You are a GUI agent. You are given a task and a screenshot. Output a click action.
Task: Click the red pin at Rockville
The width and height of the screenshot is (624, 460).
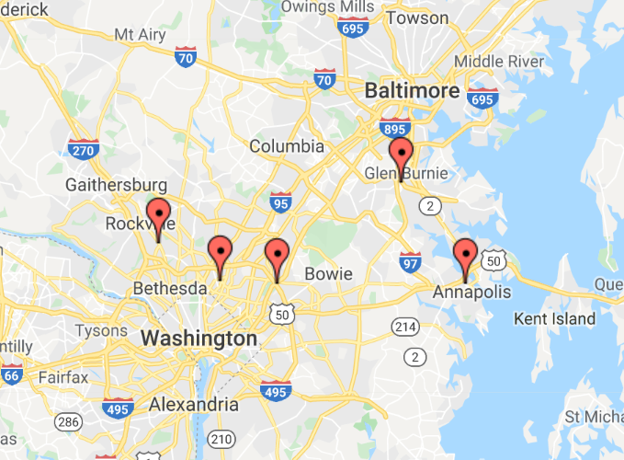click(x=159, y=215)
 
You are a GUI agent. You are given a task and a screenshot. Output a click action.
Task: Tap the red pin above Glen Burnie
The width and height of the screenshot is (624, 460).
click(x=401, y=155)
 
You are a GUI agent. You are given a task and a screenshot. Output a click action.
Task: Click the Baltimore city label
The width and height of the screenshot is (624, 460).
click(x=411, y=91)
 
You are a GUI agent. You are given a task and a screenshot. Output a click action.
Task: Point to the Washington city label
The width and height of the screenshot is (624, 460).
click(x=199, y=339)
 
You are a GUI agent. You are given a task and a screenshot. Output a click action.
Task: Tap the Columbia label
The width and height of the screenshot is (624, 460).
click(x=287, y=146)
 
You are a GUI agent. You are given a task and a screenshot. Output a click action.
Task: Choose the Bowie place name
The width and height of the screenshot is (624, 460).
click(x=328, y=274)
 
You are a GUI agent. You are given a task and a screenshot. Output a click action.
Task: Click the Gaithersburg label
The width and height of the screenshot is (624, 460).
click(x=116, y=185)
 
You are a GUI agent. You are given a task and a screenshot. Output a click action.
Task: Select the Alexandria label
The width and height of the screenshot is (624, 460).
click(x=194, y=405)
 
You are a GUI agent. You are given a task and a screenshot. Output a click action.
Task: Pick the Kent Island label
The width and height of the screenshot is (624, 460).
click(x=555, y=319)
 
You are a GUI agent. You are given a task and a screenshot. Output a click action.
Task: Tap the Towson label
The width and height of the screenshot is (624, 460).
click(x=417, y=17)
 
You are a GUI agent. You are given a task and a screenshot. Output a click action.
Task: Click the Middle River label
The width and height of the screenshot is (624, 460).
click(x=500, y=61)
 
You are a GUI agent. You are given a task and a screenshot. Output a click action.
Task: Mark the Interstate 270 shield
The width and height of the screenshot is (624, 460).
click(x=83, y=147)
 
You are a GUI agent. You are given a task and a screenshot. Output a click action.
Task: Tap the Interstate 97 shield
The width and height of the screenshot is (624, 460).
click(x=410, y=263)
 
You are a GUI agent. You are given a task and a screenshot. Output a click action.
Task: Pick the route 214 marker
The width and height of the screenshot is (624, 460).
click(x=404, y=327)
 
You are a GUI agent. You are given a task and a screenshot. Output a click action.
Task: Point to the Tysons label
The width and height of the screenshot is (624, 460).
click(x=101, y=330)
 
